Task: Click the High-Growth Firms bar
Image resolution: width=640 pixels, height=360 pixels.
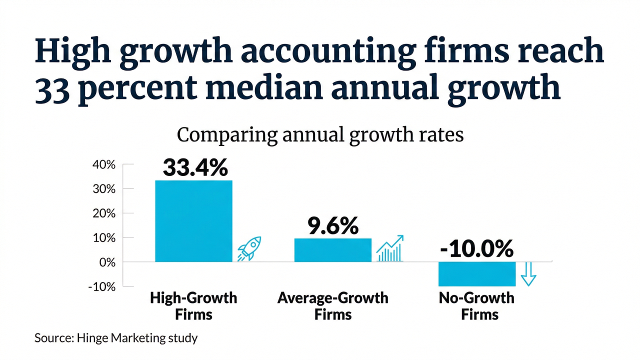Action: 193,220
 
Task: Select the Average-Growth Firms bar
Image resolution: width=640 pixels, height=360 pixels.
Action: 332,250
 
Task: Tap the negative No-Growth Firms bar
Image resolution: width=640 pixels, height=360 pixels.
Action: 476,274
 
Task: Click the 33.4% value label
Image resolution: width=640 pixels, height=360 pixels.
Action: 195,168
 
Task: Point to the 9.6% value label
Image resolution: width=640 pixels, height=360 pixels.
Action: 333,226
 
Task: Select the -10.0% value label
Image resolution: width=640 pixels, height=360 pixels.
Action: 476,248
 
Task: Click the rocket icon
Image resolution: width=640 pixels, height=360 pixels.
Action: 249,248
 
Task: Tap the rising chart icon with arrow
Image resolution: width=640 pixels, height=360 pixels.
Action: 389,248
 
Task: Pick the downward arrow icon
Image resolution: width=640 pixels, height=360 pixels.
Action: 528,274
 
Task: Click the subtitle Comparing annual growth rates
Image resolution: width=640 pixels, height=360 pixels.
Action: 320,135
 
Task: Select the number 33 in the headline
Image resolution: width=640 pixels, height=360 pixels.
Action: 53,88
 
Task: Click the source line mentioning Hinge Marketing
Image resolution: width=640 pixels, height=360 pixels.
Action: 116,338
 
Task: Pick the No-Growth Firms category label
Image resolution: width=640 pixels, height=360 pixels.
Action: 476,306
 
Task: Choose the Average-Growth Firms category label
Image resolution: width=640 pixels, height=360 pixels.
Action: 332,306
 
